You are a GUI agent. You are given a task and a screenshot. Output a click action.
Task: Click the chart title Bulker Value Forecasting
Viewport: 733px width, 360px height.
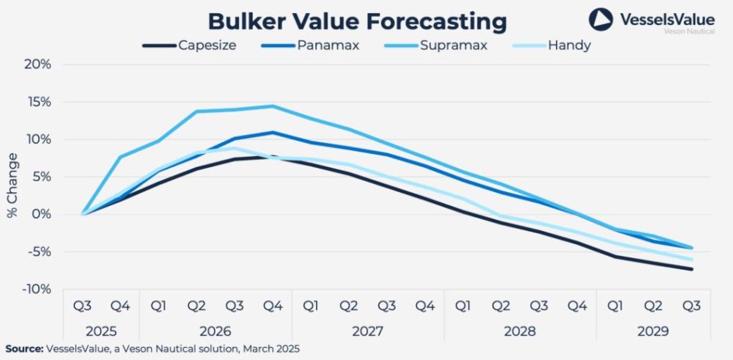coord(357,21)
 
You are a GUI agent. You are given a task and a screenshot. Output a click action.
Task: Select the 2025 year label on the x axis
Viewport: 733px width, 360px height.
coord(101,331)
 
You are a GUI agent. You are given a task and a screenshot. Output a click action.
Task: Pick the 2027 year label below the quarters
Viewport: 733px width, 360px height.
coord(368,331)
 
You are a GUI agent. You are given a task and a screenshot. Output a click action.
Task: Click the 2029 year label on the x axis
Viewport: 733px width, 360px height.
coord(653,331)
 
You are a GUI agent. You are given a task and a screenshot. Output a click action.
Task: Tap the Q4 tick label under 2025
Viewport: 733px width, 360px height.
coord(120,306)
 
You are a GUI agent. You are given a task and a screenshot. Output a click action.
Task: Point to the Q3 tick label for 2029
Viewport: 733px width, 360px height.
coord(691,306)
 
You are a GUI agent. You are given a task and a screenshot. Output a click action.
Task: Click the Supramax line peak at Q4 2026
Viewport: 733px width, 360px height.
coord(273,106)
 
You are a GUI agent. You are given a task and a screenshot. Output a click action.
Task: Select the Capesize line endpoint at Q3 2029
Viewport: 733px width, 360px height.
coord(691,269)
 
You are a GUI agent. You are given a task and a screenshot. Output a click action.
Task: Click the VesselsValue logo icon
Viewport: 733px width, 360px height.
coord(600,20)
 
